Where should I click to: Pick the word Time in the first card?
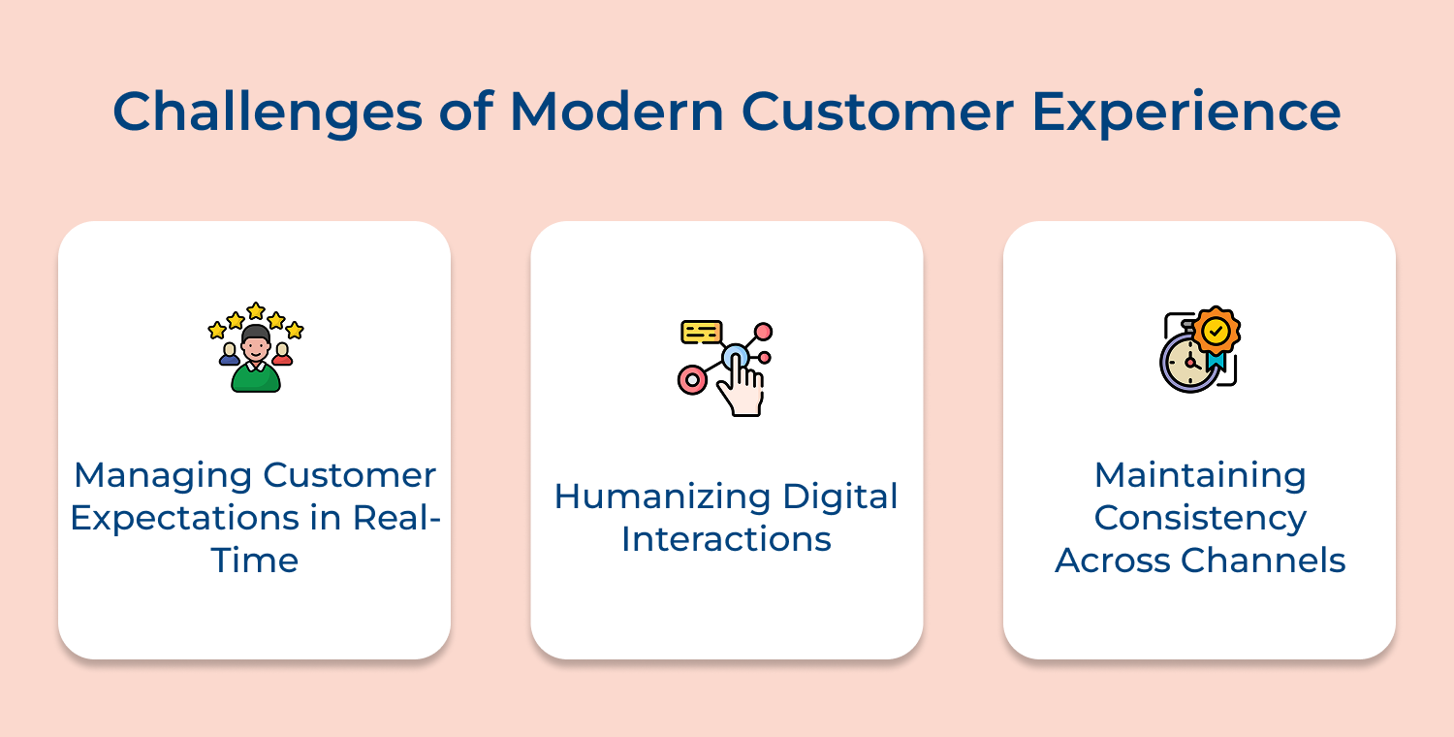point(255,561)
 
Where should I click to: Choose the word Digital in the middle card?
point(839,497)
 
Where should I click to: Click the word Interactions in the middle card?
point(726,539)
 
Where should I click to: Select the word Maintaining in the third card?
point(1200,475)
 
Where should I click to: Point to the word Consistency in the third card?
point(1200,518)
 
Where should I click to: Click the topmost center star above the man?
point(256,310)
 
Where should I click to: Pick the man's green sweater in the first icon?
point(256,378)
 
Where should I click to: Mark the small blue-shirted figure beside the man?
point(229,355)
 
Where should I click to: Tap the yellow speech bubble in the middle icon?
point(701,332)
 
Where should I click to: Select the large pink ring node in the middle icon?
point(692,380)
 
